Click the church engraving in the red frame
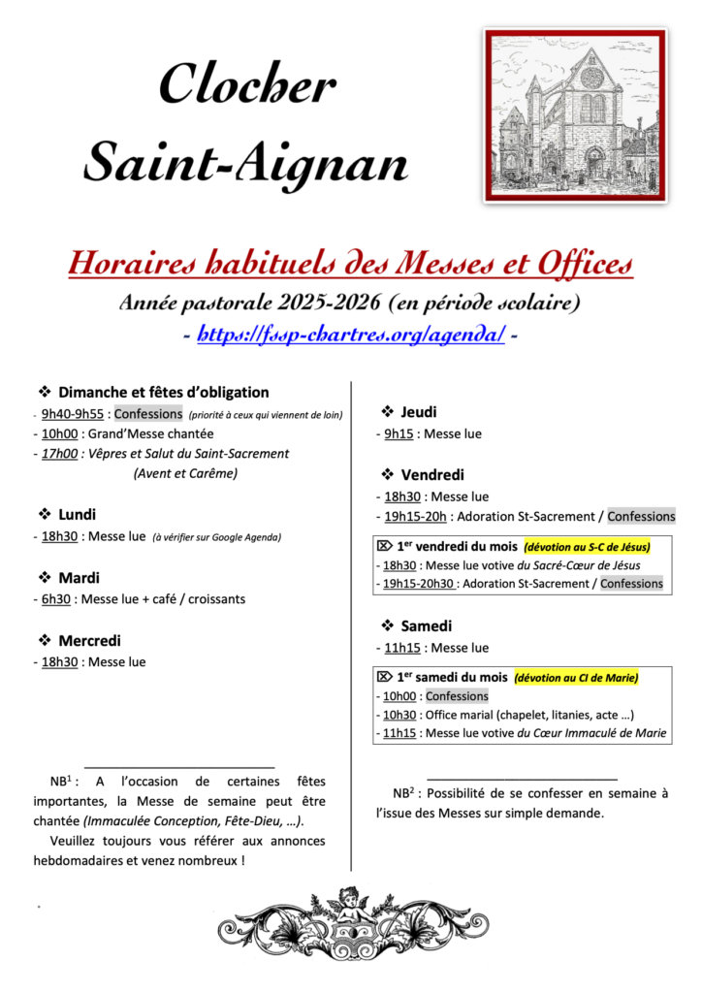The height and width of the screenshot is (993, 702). coord(576,114)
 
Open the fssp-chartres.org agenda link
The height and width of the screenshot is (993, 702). coord(351,335)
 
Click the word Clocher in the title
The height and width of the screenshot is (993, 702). coord(247,85)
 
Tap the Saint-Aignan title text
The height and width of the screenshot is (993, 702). coord(245,160)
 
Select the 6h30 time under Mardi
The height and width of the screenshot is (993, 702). coord(54,599)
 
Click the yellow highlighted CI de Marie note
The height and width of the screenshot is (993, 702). coord(575,677)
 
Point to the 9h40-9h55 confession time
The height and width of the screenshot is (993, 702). coord(72,414)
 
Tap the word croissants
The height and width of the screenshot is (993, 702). coord(217,599)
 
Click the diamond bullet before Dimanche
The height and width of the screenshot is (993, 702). coord(45,392)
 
